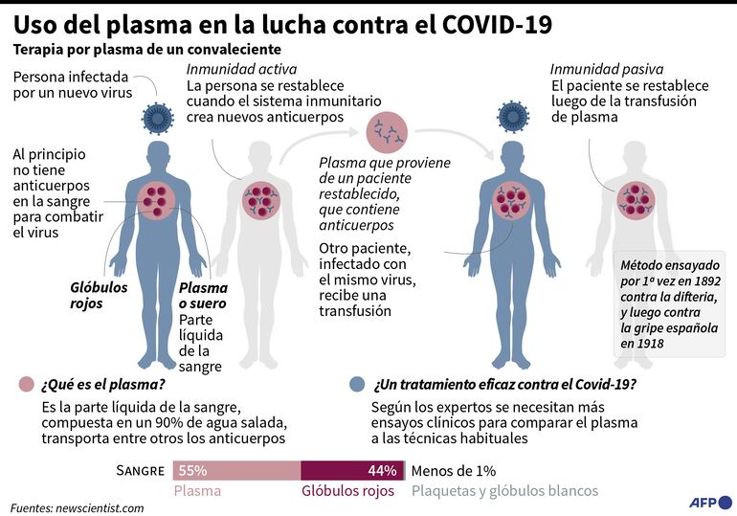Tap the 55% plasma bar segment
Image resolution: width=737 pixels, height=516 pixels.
236,470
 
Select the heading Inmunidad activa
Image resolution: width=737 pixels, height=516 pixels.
241,69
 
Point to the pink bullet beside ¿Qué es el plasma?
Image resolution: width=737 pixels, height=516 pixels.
26,385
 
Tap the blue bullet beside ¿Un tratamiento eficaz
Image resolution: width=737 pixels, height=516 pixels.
358,385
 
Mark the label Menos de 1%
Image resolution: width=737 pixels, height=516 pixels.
453,470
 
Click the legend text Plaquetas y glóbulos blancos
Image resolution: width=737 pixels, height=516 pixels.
504,490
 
